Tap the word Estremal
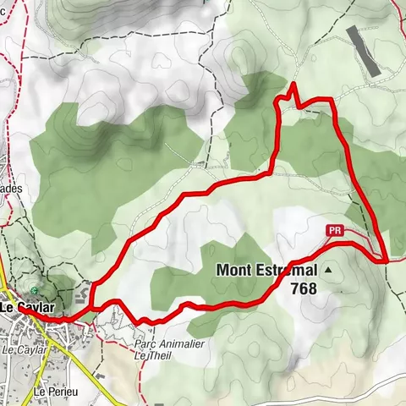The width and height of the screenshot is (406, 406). (288, 271)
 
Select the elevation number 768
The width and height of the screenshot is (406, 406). (303, 289)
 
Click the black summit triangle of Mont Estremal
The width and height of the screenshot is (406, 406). (327, 270)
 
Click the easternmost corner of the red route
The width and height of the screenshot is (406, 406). (386, 261)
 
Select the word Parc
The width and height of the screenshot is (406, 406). (145, 344)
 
